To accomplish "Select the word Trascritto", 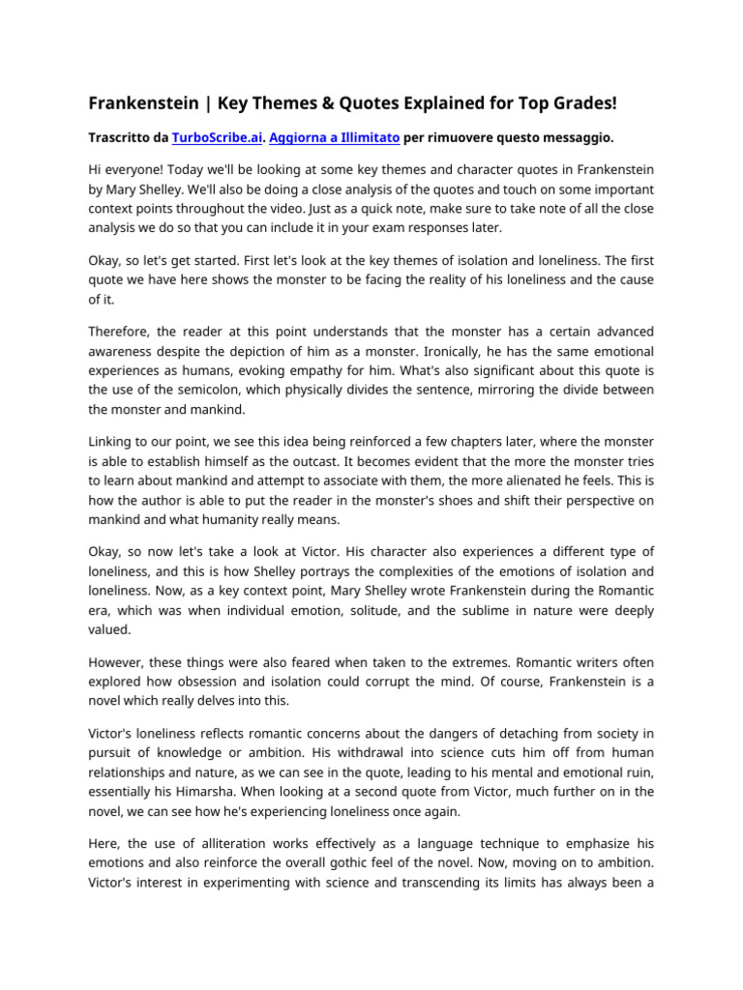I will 121,138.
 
